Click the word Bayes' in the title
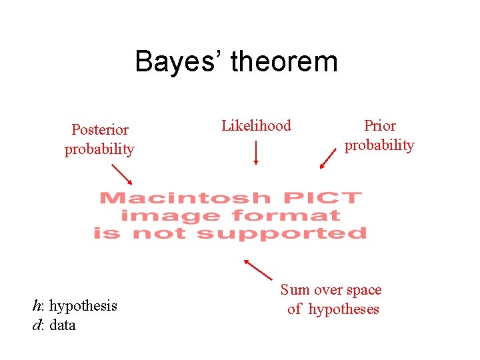(178, 62)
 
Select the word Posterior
(100, 129)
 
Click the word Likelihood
(256, 125)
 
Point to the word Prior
(379, 125)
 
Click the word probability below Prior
(379, 145)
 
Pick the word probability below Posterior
(99, 149)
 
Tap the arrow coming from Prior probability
(328, 159)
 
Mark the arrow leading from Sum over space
(259, 269)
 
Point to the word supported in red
(282, 233)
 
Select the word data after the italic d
(63, 325)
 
